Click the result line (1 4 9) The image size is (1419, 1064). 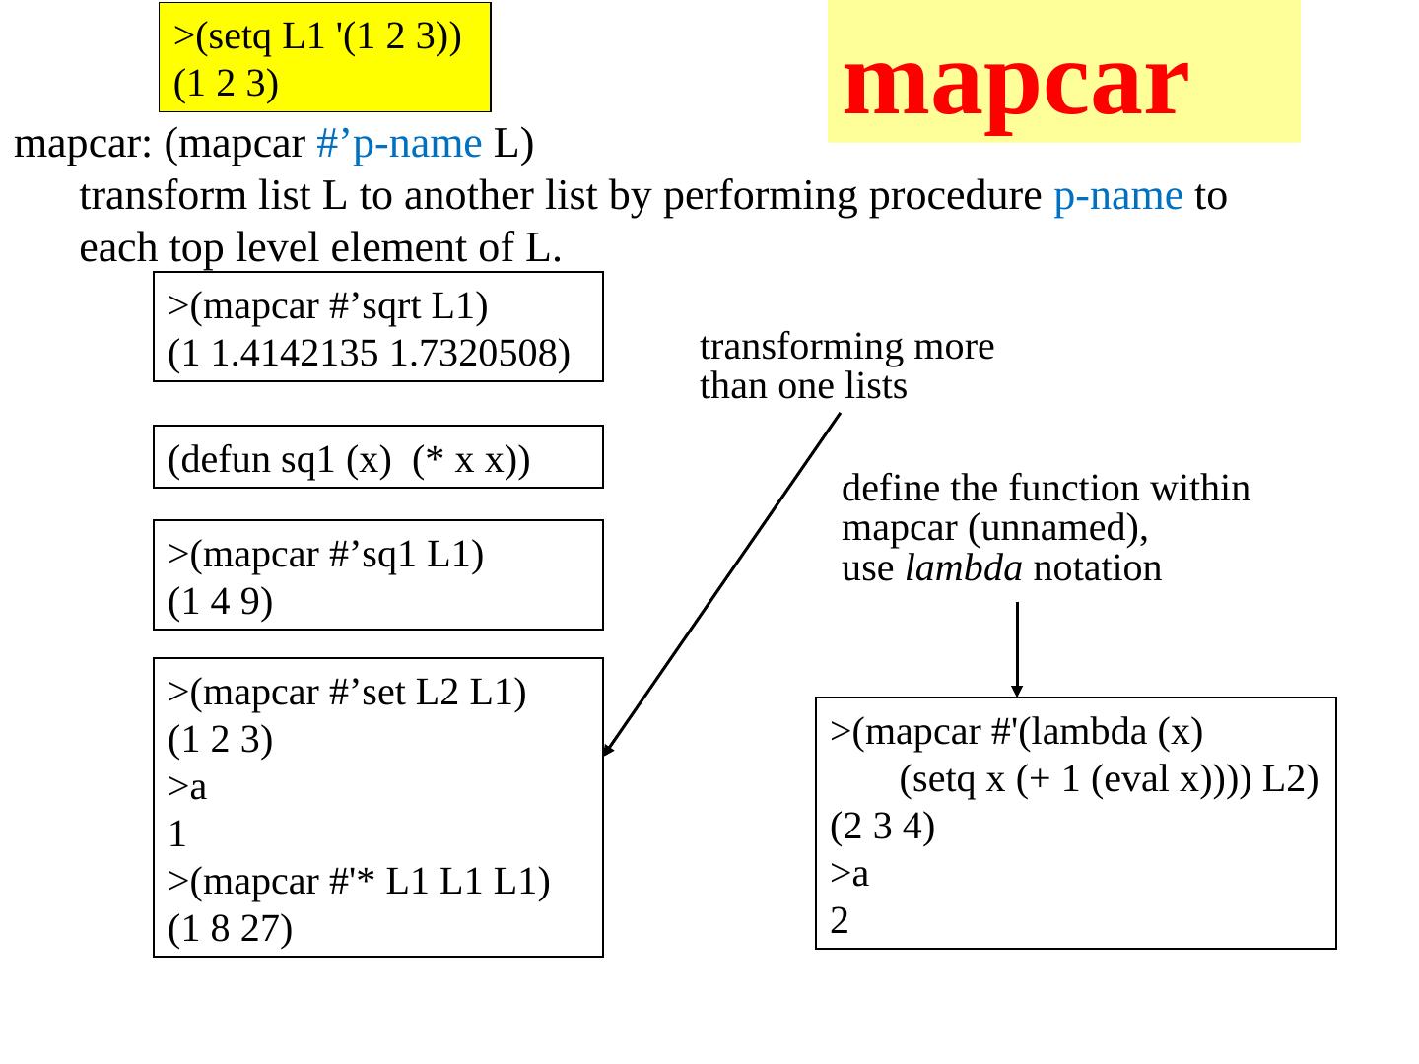220,601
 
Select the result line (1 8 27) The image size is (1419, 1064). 230,928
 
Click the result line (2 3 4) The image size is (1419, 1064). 882,826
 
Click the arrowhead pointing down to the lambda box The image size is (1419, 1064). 1017,691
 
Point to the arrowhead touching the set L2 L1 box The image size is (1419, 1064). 608,750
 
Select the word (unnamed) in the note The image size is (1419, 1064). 1056,529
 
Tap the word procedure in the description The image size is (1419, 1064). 954,196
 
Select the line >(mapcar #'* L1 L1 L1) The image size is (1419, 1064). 359,881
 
